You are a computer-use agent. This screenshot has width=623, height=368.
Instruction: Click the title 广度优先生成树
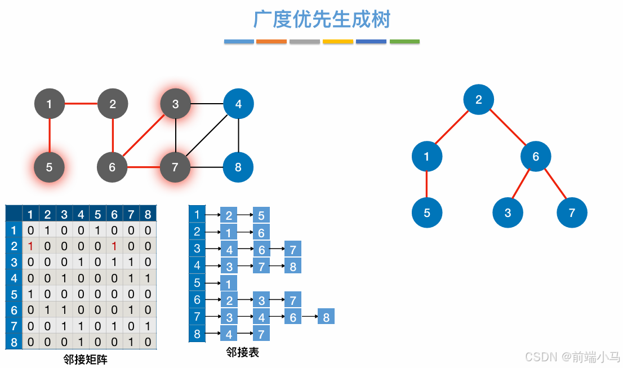click(322, 20)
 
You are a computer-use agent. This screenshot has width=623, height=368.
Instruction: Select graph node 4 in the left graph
click(238, 104)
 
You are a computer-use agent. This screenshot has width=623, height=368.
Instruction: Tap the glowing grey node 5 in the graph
click(49, 167)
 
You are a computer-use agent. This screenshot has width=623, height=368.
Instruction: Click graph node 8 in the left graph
click(238, 167)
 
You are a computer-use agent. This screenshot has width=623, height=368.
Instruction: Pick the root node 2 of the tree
click(478, 100)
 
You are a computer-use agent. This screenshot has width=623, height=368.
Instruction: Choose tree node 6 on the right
click(536, 157)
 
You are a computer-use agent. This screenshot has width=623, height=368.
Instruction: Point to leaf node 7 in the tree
click(572, 213)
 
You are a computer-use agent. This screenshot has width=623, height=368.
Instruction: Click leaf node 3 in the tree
click(508, 213)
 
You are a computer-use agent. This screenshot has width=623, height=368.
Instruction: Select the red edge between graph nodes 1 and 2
click(81, 104)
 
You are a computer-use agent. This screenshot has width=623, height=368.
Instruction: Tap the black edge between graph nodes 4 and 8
click(238, 136)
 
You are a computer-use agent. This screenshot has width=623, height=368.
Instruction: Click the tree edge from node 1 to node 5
click(426, 185)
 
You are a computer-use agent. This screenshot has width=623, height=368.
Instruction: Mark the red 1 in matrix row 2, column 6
click(114, 246)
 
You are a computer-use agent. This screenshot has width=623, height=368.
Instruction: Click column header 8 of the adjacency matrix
click(148, 214)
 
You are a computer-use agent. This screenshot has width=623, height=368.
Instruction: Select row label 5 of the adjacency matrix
click(14, 294)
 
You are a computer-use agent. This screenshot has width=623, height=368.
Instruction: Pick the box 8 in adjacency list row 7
click(326, 317)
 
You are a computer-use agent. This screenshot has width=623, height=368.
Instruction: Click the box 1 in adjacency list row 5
click(229, 283)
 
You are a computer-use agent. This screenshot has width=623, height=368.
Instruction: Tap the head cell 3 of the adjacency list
click(197, 249)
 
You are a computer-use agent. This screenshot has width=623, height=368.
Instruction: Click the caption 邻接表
click(242, 352)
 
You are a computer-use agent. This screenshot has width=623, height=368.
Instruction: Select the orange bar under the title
click(272, 42)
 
